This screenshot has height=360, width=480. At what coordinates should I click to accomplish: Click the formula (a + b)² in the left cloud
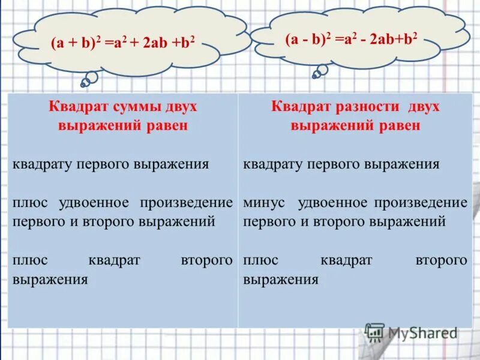(x=71, y=44)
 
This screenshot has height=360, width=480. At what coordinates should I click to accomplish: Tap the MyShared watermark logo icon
(x=374, y=332)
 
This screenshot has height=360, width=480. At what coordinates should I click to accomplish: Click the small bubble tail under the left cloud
(x=91, y=78)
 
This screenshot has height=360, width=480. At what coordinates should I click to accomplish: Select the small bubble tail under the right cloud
(x=320, y=71)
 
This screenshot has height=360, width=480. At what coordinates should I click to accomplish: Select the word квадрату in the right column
(x=273, y=164)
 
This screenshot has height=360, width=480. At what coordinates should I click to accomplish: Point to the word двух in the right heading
(x=423, y=107)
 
